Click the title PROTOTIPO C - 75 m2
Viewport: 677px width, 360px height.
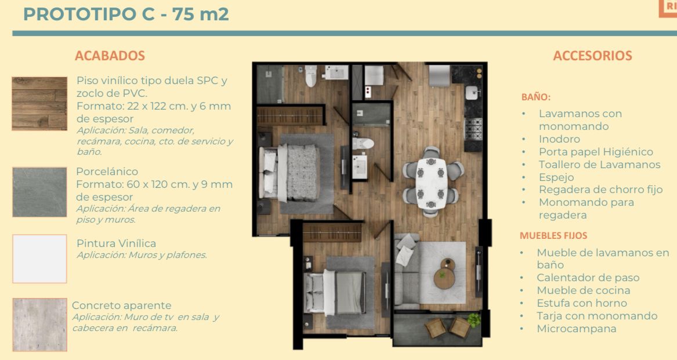click(x=126, y=14)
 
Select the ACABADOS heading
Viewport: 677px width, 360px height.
click(x=110, y=56)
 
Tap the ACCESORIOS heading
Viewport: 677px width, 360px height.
click(x=592, y=56)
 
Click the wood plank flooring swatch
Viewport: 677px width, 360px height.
click(x=39, y=104)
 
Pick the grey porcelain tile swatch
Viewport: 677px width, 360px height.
click(x=39, y=192)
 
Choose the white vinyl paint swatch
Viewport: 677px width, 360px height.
click(x=39, y=259)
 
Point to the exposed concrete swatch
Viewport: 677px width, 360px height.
click(x=39, y=325)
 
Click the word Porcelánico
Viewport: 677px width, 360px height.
click(x=107, y=172)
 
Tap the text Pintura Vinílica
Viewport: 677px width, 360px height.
click(x=116, y=243)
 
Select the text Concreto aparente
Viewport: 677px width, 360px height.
click(x=122, y=305)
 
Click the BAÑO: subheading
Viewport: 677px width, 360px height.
click(x=536, y=97)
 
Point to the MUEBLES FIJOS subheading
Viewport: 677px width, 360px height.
click(x=553, y=236)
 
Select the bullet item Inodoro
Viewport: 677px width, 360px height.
click(x=559, y=139)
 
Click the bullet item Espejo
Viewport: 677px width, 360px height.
click(x=556, y=177)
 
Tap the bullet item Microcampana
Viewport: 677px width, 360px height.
click(x=577, y=329)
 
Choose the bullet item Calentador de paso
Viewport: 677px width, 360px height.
click(x=588, y=278)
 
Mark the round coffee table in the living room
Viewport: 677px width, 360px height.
click(x=445, y=277)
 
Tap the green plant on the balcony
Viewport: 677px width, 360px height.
click(x=473, y=320)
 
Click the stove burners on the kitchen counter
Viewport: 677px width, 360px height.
click(x=473, y=129)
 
